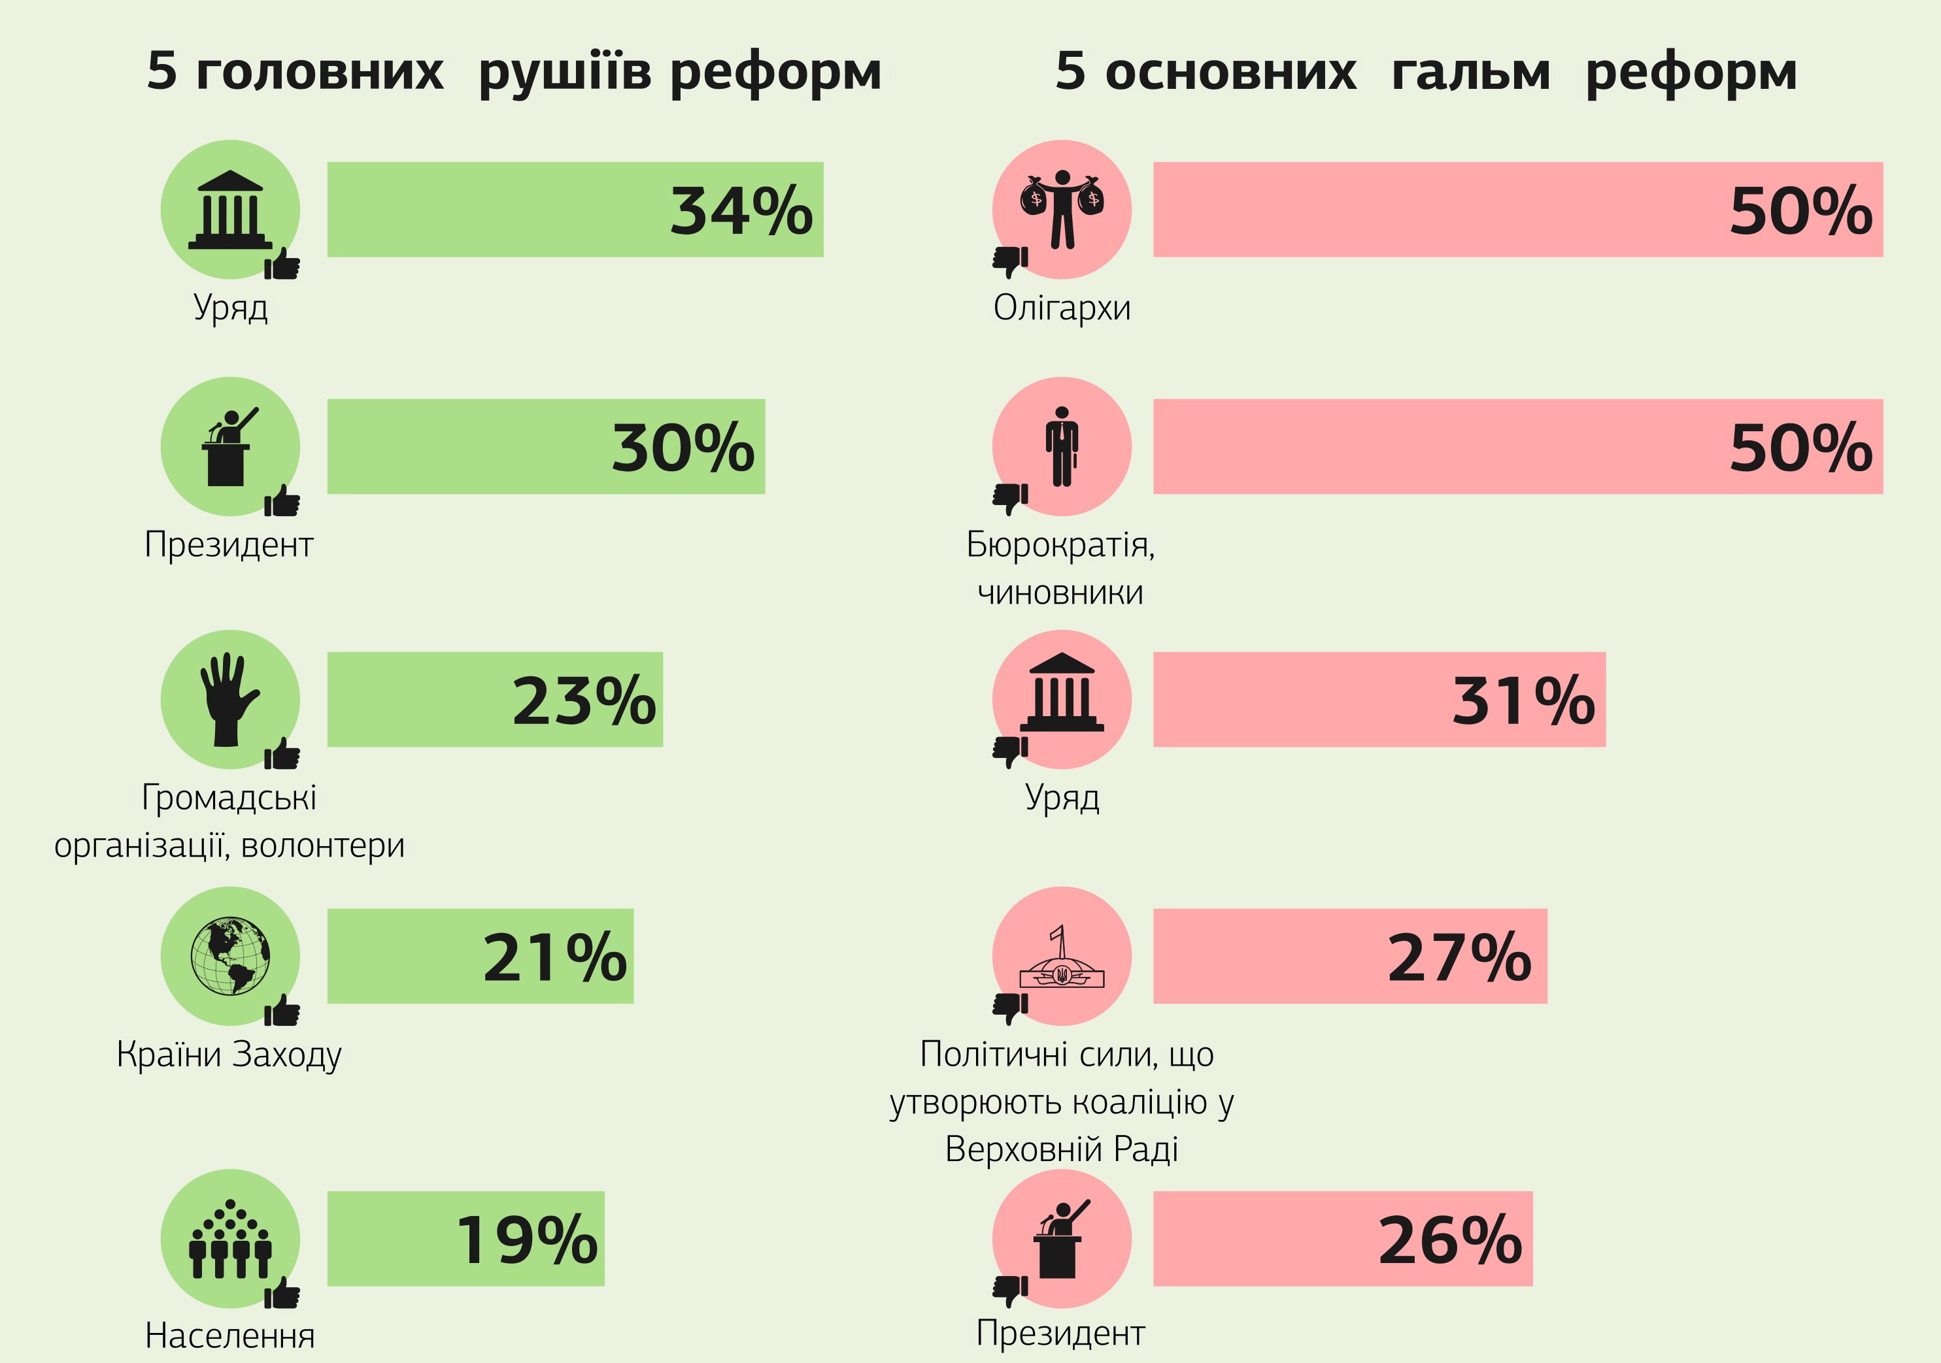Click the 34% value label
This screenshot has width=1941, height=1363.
741,210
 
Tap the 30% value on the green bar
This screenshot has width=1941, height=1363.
683,447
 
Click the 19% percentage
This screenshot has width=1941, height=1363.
527,1240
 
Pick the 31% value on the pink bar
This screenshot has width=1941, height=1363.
1523,700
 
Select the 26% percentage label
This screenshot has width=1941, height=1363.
1450,1240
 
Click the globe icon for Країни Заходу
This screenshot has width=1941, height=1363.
230,957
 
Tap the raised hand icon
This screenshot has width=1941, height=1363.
228,700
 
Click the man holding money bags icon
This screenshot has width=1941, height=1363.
1062,208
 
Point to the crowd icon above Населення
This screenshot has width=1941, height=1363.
230,1239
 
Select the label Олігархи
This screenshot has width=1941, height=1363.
1062,308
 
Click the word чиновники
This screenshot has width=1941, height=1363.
1060,593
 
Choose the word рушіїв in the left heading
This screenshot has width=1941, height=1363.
564,71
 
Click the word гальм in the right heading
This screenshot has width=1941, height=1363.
1470,71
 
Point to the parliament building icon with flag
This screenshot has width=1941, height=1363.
1062,960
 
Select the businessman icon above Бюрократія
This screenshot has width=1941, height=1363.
1062,446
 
